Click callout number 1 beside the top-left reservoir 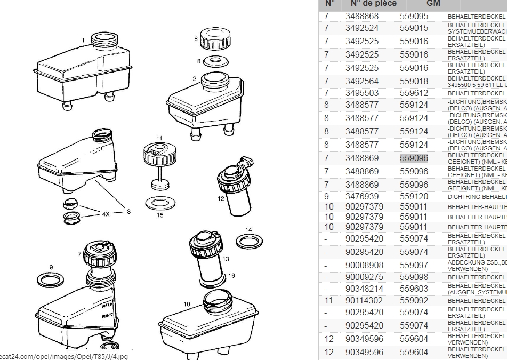click(83, 41)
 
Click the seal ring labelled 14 click(249, 242)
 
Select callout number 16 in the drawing click(231, 276)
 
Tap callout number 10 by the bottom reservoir click(187, 305)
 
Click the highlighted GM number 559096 click(414, 158)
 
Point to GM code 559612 click(414, 93)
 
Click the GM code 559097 click(414, 265)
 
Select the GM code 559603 click(414, 289)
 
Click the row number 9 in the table click(326, 196)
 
